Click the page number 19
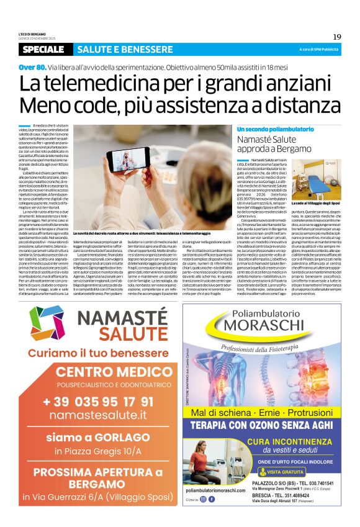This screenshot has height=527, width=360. [336, 37]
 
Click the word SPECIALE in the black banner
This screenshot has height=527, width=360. [46, 49]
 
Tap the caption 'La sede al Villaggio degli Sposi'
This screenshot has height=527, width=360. [318, 204]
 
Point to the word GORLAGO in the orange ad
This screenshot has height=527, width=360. [117, 437]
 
